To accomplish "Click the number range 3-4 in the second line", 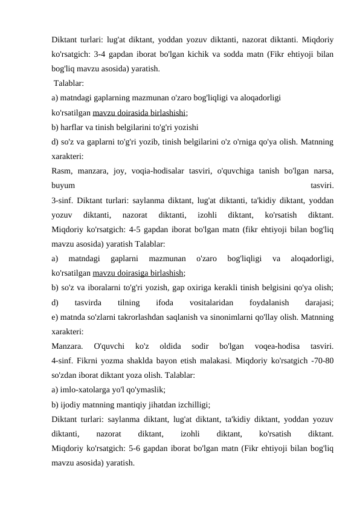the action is tap(108, 54).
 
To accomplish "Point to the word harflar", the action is tap(72, 127).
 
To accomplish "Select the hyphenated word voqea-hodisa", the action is tap(276, 346).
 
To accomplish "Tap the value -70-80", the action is tap(321, 360).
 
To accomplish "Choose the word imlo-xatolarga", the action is tap(86, 389).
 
